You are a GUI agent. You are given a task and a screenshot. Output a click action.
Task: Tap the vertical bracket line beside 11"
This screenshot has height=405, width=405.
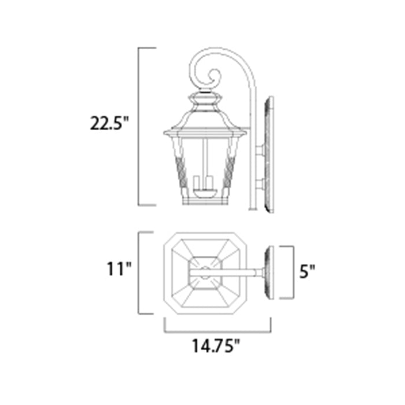pyautogui.click(x=139, y=272)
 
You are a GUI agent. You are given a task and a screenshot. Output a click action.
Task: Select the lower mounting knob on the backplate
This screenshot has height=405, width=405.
pyautogui.click(x=260, y=184)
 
